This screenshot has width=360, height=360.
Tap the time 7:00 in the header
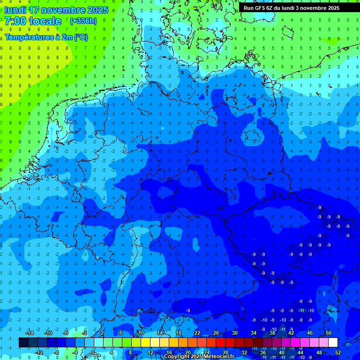pos(15,21)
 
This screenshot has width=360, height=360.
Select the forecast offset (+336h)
pos(83,21)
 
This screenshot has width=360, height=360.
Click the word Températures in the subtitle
pos(27,37)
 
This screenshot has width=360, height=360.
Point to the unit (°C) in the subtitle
pos(81,37)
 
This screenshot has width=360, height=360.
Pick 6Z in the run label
pos(271,8)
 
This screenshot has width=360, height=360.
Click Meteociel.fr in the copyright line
pos(219,357)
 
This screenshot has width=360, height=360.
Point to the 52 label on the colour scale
pos(337,352)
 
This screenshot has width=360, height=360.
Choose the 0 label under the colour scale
pos(93,352)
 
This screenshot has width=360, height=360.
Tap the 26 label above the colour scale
pos(216,333)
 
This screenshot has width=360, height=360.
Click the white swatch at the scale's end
pos(333,343)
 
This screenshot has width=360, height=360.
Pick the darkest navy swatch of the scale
pos(23,343)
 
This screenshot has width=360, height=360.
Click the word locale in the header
pos(44,21)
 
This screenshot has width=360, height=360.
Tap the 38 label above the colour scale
pos(272,333)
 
